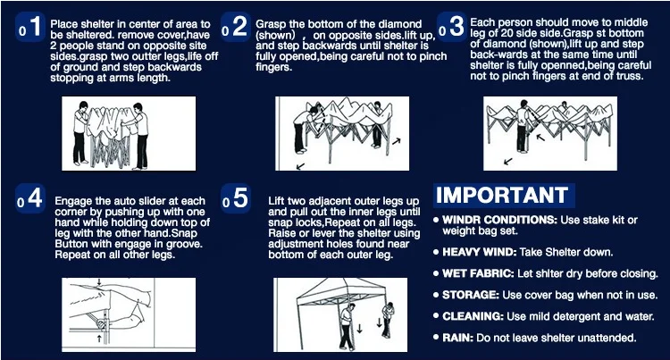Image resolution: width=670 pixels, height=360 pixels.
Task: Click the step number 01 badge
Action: [29, 27]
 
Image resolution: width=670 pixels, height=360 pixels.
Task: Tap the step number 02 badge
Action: [236, 27]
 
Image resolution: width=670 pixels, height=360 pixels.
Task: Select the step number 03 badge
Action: [452, 27]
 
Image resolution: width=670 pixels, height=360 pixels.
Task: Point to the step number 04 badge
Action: [29, 198]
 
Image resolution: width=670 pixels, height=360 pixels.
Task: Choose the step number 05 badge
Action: [236, 198]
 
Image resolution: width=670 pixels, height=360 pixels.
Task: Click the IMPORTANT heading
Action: [502, 195]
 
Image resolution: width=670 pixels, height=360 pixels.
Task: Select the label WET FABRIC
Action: [478, 273]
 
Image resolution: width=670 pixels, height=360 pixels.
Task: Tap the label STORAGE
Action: [471, 295]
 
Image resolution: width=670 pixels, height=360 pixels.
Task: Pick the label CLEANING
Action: [473, 316]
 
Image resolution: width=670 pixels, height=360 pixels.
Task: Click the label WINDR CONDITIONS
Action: [499, 220]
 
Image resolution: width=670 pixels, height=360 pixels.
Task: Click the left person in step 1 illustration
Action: [81, 133]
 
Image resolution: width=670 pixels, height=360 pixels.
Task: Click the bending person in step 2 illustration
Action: [305, 128]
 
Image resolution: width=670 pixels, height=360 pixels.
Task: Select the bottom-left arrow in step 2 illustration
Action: [301, 165]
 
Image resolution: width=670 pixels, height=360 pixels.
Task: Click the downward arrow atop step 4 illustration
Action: [99, 282]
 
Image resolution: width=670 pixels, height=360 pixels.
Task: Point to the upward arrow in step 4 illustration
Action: [99, 339]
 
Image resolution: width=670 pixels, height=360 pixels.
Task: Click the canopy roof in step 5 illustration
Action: [338, 290]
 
